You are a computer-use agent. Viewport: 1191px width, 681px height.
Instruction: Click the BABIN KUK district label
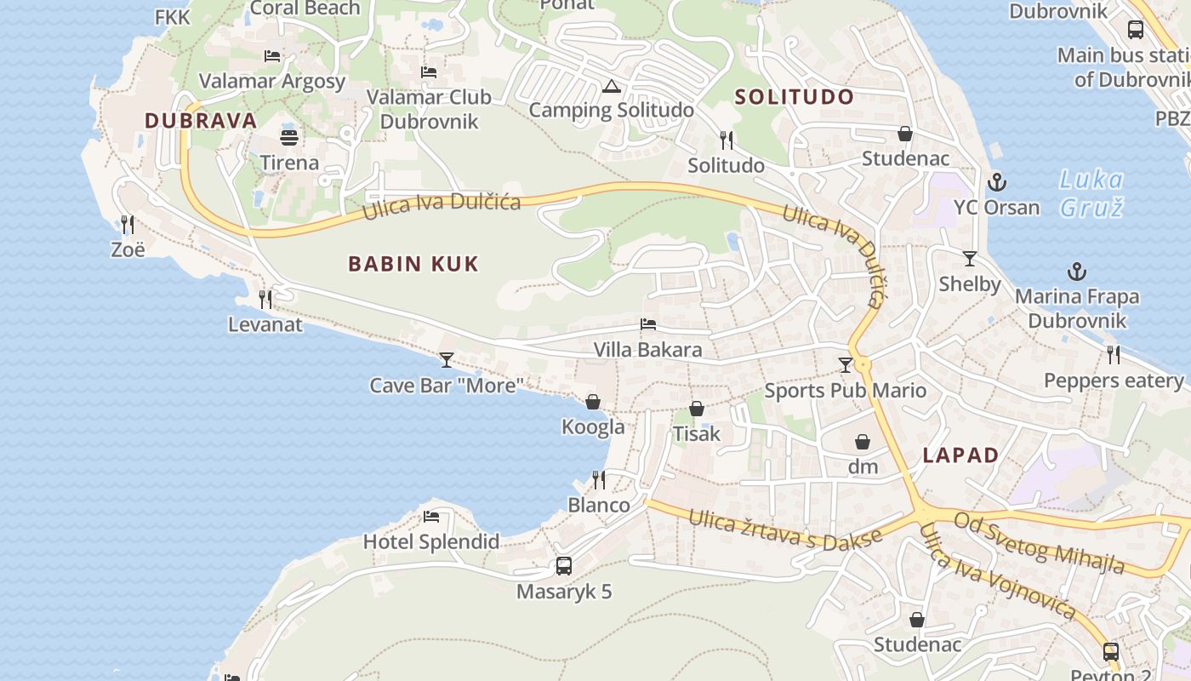coord(413,264)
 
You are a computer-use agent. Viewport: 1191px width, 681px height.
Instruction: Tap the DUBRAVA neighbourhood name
coord(201,121)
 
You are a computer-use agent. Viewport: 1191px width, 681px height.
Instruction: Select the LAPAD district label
coord(961,455)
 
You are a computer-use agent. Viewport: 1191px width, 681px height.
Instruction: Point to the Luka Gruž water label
coord(1091,193)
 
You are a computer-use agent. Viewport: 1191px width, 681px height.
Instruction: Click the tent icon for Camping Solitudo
coord(611,86)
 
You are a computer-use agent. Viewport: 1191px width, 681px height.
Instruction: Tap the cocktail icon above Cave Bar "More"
coord(446,359)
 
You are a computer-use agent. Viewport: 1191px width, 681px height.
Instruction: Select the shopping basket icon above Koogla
coord(593,401)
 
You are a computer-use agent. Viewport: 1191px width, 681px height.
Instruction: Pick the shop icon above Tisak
coord(697,409)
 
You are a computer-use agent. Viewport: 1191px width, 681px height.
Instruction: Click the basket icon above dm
coord(863,442)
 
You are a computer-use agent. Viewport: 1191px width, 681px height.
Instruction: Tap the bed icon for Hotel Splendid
coord(431,517)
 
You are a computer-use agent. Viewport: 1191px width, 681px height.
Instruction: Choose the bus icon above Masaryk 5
coord(563,565)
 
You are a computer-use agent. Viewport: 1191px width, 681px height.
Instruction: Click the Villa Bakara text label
coord(648,350)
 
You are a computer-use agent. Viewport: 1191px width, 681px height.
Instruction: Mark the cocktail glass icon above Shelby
coord(969,258)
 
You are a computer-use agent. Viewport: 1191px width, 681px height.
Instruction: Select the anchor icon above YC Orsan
coord(996,181)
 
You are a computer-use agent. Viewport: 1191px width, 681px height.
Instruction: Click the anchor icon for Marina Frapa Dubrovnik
coord(1077,272)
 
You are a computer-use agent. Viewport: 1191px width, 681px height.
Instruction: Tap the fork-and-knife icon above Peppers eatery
coord(1113,354)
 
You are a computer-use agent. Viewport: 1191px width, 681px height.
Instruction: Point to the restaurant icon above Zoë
coord(128,224)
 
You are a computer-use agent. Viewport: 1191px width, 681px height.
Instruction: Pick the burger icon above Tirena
coord(289,136)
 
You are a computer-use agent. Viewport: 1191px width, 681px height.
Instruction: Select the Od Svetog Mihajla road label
coord(1039,542)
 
